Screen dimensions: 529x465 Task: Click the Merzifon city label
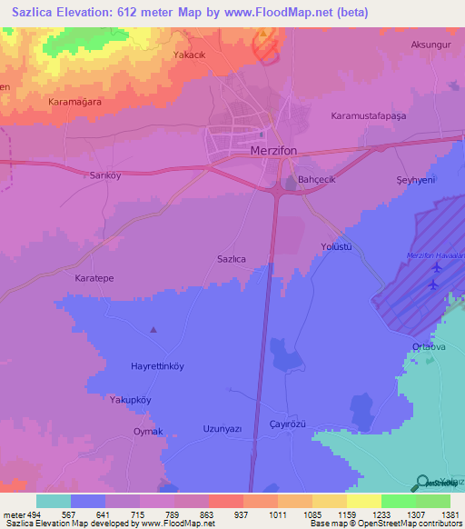[x=278, y=150]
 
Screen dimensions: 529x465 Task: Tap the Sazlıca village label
[x=232, y=259]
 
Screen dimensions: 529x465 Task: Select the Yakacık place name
[x=192, y=55]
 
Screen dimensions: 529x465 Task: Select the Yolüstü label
[x=335, y=246]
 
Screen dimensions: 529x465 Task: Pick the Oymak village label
[x=148, y=431]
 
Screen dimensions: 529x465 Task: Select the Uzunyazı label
[x=222, y=427]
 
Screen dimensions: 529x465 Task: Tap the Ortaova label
[x=428, y=345]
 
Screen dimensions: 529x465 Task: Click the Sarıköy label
[x=104, y=174]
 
